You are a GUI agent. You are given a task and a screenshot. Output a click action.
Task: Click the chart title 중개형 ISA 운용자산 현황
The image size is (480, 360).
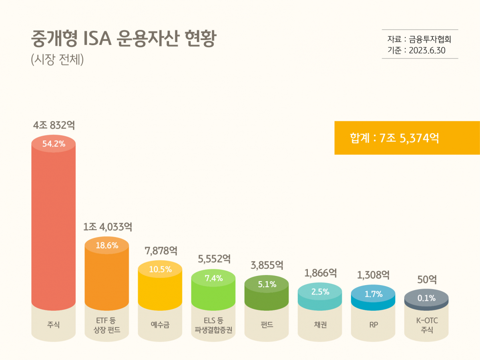pyautogui.click(x=123, y=40)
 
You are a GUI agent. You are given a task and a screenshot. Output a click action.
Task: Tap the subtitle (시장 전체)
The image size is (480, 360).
pyautogui.click(x=57, y=60)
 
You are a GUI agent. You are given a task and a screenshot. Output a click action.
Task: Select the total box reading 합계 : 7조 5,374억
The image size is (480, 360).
pyautogui.click(x=407, y=138)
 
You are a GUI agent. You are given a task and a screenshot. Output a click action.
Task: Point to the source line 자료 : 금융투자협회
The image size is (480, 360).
pyautogui.click(x=420, y=40)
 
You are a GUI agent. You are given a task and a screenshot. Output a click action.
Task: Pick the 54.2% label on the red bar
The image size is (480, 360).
pyautogui.click(x=54, y=143)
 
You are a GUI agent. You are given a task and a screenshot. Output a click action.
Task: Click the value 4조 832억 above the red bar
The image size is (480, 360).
pyautogui.click(x=54, y=125)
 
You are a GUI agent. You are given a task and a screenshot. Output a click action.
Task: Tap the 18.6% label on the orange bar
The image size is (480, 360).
pyautogui.click(x=107, y=245)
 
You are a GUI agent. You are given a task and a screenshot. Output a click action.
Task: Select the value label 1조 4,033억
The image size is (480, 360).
pyautogui.click(x=107, y=227)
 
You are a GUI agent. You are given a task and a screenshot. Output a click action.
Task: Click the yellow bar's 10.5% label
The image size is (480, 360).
pyautogui.click(x=160, y=269)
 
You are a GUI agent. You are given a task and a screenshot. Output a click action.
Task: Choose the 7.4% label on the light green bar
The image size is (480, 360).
pyautogui.click(x=214, y=278)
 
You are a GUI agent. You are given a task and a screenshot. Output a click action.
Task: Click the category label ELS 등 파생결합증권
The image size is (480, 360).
pyautogui.click(x=214, y=326)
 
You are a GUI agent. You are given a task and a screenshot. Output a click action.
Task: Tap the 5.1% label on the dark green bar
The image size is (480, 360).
pyautogui.click(x=267, y=284)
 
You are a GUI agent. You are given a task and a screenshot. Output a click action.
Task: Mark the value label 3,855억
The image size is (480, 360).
pyautogui.click(x=267, y=265)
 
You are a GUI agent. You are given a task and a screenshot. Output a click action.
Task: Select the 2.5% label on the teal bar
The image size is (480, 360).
pyautogui.click(x=320, y=292)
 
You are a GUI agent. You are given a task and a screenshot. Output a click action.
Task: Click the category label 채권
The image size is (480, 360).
pyautogui.click(x=320, y=325)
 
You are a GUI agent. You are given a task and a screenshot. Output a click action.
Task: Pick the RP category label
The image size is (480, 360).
pyautogui.click(x=374, y=325)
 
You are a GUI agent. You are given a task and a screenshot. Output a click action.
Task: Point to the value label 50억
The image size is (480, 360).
pyautogui.click(x=426, y=280)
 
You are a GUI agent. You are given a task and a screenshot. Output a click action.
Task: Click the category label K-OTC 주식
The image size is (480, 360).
pyautogui.click(x=427, y=326)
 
